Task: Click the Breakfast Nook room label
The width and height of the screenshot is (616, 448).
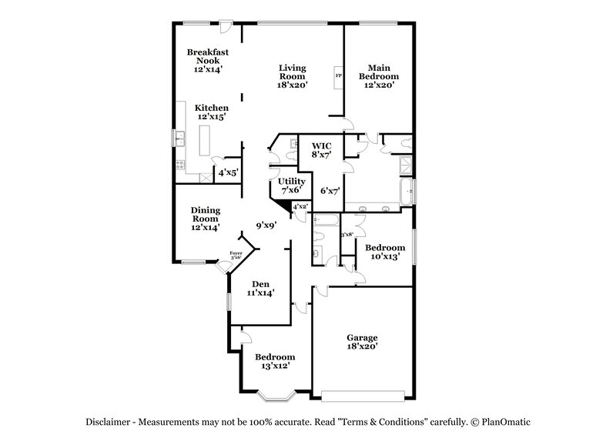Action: click(206, 60)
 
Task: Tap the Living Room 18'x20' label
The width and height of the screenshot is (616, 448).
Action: click(293, 76)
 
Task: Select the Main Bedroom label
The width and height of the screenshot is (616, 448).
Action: click(379, 76)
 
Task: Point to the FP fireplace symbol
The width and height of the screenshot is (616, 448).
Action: click(337, 76)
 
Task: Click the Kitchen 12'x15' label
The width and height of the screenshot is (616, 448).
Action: click(211, 112)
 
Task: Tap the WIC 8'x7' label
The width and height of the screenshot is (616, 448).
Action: click(321, 149)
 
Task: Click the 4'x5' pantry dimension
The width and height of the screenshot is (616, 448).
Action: click(228, 173)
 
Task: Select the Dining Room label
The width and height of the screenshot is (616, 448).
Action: click(206, 219)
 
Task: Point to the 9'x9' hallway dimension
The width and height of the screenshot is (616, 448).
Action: click(266, 226)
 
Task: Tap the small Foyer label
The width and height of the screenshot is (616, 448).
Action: click(236, 254)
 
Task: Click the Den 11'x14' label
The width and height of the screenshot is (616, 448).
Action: click(260, 287)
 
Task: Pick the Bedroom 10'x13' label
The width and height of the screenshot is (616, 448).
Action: click(385, 252)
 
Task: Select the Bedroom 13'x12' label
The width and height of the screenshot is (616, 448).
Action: click(275, 362)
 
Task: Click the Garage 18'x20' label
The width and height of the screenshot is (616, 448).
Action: click(361, 342)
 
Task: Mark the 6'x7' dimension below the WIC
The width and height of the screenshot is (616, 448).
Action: click(330, 189)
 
